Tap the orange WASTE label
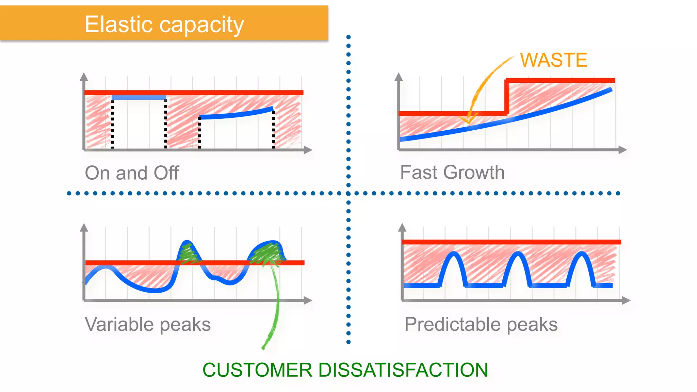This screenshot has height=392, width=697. [x=554, y=60]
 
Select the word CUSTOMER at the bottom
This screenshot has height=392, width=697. [x=257, y=370]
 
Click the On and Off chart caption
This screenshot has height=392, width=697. [x=132, y=173]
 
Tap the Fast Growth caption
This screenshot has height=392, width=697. [x=452, y=172]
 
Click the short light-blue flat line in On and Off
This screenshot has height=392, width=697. [x=139, y=98]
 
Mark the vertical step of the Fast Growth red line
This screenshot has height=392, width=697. [x=507, y=97]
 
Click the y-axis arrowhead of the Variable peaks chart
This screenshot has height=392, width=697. [x=84, y=227]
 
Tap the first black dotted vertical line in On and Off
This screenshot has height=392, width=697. [x=112, y=124]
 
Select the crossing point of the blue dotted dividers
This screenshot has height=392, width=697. [x=348, y=193]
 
